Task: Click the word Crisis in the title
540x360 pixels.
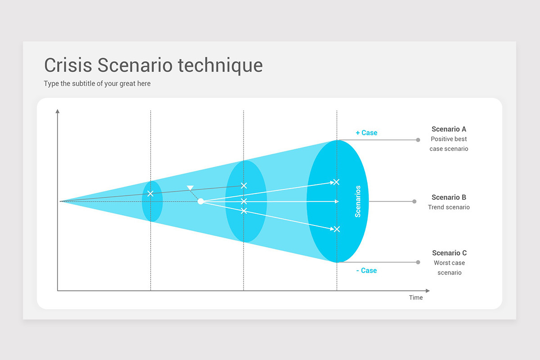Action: click(x=68, y=65)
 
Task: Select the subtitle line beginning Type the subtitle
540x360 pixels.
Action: click(x=97, y=83)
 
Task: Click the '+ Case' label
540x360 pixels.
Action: click(x=366, y=133)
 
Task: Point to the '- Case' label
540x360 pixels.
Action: click(x=366, y=270)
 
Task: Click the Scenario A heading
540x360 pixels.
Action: click(x=449, y=129)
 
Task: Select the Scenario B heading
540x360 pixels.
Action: click(x=449, y=197)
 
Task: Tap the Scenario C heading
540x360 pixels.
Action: click(x=450, y=253)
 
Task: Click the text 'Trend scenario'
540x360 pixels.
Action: click(x=449, y=207)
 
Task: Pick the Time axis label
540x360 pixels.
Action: click(x=416, y=297)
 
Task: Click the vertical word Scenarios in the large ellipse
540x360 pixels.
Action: click(x=358, y=201)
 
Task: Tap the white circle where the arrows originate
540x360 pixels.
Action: click(x=201, y=201)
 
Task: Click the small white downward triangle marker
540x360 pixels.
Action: click(x=190, y=188)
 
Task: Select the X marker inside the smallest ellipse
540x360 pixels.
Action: click(x=150, y=193)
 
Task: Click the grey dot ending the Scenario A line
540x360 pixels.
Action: click(x=418, y=140)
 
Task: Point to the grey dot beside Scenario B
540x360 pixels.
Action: click(x=414, y=201)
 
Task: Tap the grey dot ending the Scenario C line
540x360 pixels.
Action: click(x=418, y=262)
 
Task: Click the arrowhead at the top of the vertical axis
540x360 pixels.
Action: click(x=58, y=111)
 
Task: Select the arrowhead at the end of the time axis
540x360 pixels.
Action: click(x=427, y=291)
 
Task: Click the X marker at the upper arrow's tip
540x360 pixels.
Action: click(x=336, y=182)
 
